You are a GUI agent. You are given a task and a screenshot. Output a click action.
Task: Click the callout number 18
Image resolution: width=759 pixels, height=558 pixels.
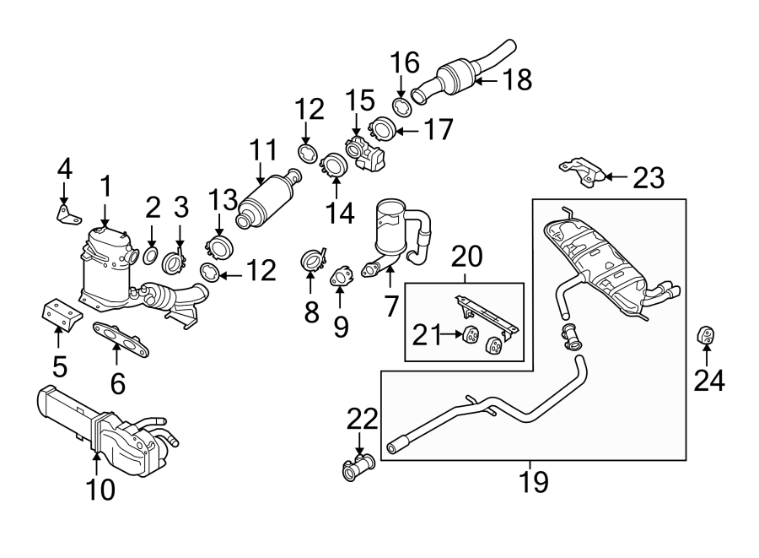[518, 80]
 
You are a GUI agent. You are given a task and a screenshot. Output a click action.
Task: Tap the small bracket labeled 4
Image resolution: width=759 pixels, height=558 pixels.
[67, 213]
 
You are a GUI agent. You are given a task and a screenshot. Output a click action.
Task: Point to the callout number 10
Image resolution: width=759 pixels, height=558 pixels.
[101, 489]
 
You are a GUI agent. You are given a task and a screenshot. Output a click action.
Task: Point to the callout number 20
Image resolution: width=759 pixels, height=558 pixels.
[464, 256]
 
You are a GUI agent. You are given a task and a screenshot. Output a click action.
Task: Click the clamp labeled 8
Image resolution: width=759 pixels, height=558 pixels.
[313, 258]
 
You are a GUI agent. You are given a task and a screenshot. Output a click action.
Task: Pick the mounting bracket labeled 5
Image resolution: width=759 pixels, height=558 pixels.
[60, 314]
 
